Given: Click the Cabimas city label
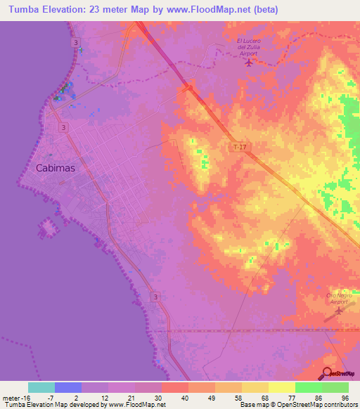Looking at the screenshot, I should (55, 168).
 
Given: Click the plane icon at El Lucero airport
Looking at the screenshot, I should (250, 63).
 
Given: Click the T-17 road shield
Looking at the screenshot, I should (241, 146).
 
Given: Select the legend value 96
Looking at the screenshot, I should (345, 397).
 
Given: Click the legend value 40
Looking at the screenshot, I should (184, 397).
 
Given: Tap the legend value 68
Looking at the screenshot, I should (264, 397).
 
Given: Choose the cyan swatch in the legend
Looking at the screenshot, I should (41, 387).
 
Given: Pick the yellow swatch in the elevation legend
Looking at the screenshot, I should (281, 387).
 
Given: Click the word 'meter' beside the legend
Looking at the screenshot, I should (12, 397).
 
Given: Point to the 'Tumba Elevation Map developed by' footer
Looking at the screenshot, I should (53, 405).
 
